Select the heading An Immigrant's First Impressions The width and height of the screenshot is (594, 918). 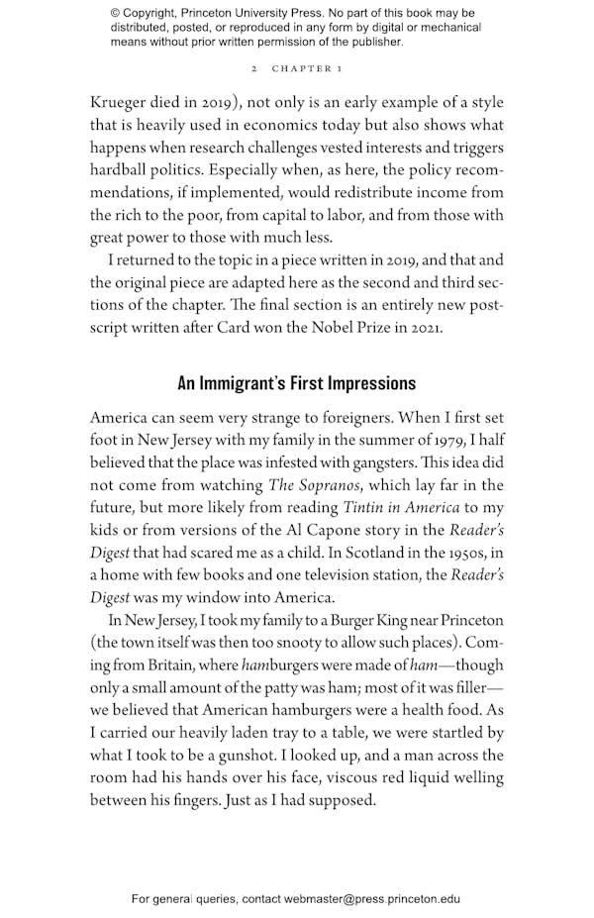296,383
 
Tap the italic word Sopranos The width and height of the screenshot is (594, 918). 336,485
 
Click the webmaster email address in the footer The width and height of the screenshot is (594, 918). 371,899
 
